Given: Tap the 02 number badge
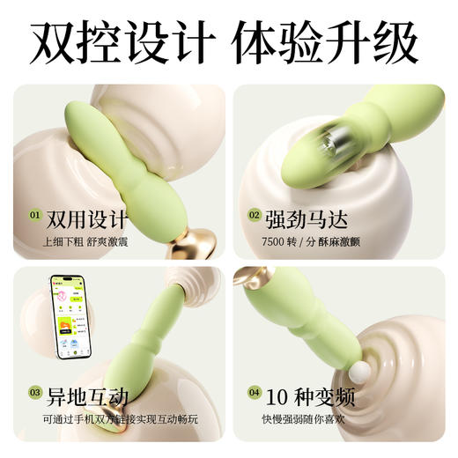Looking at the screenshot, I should click(254, 214).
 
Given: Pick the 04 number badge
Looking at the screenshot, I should click(254, 392).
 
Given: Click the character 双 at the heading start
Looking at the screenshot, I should click(55, 42).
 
